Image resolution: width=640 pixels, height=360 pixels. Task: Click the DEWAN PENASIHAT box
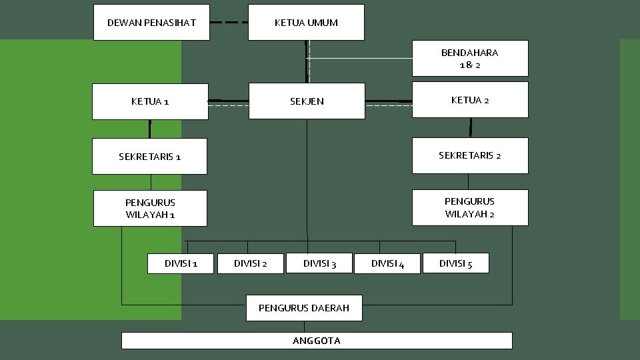pyautogui.click(x=151, y=23)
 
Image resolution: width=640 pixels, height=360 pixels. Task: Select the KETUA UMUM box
pyautogui.click(x=306, y=23)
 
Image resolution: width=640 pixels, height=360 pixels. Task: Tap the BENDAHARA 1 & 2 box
pyautogui.click(x=470, y=59)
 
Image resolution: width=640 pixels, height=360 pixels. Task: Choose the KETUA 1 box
pyautogui.click(x=150, y=101)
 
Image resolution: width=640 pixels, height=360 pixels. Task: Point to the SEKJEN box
pyautogui.click(x=307, y=101)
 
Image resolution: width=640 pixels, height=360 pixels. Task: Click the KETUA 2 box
pyautogui.click(x=470, y=100)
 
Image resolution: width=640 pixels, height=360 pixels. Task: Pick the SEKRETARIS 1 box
pyautogui.click(x=149, y=157)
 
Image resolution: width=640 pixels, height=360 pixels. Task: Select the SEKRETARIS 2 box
pyautogui.click(x=470, y=155)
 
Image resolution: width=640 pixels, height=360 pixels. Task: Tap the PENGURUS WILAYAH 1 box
pyautogui.click(x=150, y=209)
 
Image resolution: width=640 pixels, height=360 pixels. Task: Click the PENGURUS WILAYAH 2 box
pyautogui.click(x=470, y=207)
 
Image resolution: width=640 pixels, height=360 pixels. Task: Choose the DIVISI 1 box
pyautogui.click(x=180, y=263)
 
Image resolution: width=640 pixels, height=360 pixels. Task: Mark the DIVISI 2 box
pyautogui.click(x=250, y=263)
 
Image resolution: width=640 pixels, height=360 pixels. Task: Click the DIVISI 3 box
pyautogui.click(x=319, y=263)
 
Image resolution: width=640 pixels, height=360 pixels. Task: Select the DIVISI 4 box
pyautogui.click(x=387, y=263)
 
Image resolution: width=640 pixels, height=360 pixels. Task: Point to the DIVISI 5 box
pyautogui.click(x=455, y=263)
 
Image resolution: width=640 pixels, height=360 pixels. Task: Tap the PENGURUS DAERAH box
pyautogui.click(x=304, y=308)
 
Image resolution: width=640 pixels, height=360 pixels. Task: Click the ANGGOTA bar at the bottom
pyautogui.click(x=317, y=341)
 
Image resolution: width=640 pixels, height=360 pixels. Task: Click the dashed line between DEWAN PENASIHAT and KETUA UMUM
pyautogui.click(x=229, y=23)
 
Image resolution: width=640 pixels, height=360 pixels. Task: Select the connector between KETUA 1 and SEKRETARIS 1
pyautogui.click(x=150, y=129)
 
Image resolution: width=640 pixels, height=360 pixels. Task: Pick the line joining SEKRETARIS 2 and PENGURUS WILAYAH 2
pyautogui.click(x=468, y=181)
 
